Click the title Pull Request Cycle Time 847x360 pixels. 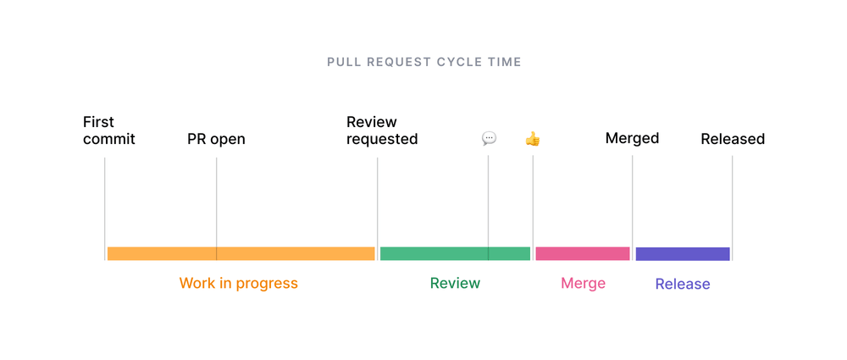(423, 62)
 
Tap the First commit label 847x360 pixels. (108, 130)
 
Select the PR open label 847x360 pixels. (216, 139)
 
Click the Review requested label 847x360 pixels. (382, 130)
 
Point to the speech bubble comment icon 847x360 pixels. (489, 138)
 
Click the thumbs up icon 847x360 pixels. (533, 138)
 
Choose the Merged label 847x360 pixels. (632, 138)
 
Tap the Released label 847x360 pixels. (733, 139)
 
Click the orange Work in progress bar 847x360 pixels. (241, 253)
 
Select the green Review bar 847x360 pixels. (455, 253)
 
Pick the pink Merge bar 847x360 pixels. (583, 253)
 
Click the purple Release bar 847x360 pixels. (683, 254)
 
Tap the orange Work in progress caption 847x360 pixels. (238, 283)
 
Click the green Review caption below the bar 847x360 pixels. (455, 283)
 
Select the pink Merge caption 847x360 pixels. (583, 283)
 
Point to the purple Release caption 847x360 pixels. (683, 284)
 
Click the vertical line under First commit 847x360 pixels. (105, 203)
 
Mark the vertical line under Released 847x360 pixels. (732, 203)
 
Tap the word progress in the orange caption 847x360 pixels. (268, 283)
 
